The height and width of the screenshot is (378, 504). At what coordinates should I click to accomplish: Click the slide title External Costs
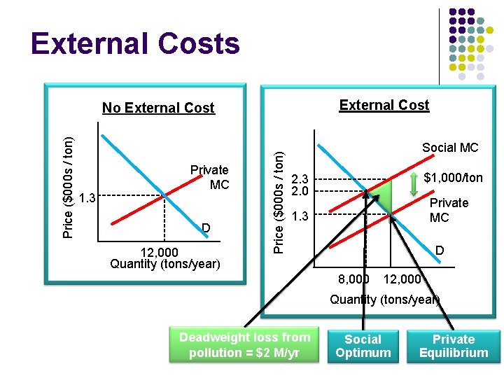coord(135,44)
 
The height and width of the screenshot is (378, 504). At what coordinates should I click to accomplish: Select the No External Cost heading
coord(158,108)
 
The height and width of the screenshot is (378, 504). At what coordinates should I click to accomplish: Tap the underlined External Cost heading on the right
coord(384,105)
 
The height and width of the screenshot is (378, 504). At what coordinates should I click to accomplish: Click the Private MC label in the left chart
coord(210,177)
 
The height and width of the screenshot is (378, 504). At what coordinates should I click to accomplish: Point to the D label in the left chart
coord(206,227)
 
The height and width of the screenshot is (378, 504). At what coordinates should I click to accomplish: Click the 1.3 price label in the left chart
coord(87,199)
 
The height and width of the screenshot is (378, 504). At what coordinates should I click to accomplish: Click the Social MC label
coord(449,148)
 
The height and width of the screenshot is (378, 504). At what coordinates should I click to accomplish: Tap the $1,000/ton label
coord(453,178)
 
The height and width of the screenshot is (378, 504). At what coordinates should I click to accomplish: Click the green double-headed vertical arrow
coord(415,178)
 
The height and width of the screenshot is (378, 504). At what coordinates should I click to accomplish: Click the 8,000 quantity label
coord(353,279)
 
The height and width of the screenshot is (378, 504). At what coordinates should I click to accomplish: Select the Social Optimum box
coord(363,346)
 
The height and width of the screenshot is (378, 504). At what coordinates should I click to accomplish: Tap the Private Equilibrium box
coord(454,346)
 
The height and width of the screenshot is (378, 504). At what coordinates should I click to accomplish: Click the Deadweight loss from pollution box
coord(244,344)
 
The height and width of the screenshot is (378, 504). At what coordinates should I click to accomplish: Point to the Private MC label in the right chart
coord(449,210)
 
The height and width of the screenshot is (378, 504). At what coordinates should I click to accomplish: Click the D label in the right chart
coord(439,250)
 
